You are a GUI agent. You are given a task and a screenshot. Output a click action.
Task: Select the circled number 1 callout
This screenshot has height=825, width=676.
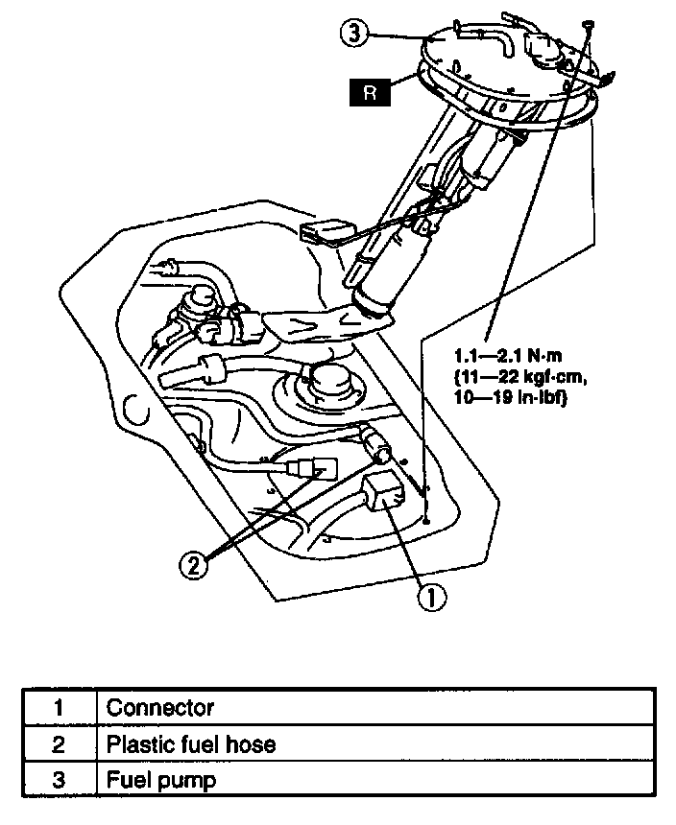click(431, 598)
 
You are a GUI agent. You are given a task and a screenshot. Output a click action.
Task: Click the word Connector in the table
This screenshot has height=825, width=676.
click(159, 709)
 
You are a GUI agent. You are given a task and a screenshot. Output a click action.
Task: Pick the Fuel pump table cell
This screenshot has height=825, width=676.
click(160, 780)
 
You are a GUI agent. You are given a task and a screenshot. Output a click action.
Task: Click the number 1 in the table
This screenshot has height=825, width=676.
click(59, 709)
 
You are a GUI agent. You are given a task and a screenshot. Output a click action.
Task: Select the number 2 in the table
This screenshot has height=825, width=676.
click(59, 744)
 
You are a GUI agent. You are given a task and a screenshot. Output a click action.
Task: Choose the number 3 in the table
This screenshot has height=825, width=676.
click(59, 780)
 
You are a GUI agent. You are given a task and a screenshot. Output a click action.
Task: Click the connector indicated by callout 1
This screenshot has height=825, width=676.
click(385, 492)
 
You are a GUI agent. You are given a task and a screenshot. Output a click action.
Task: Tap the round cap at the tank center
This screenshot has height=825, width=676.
click(329, 382)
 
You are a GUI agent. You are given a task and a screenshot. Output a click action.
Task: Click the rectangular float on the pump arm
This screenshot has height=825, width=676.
click(322, 233)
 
